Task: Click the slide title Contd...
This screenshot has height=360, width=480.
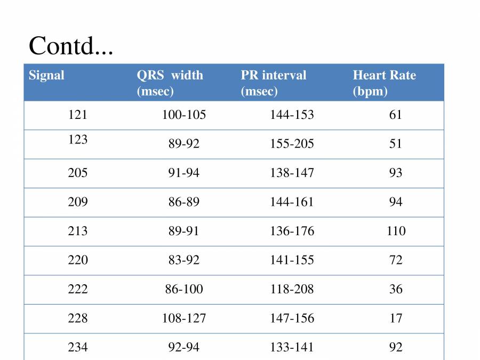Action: pos(71,46)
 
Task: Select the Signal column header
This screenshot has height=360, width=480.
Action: pos(46,75)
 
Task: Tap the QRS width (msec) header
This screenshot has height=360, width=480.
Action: pos(170,83)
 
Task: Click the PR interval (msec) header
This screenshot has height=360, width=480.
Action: pos(273,83)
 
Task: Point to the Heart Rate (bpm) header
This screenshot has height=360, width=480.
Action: pos(384,83)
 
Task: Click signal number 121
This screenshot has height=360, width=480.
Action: pos(78,115)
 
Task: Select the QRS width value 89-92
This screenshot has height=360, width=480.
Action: pos(184,144)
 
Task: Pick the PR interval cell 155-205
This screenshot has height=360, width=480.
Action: pos(292,144)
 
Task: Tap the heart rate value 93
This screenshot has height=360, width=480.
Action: pos(396,173)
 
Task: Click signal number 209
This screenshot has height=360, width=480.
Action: pos(78,202)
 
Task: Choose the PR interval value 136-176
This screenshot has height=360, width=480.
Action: pos(292,231)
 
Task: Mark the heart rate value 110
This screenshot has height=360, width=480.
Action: pos(396,231)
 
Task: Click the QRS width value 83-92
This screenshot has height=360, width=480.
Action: pos(184,260)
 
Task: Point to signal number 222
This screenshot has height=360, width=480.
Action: pos(78,289)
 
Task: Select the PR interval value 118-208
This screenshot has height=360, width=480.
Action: pos(292,289)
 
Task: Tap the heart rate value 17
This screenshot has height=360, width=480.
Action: pos(396,318)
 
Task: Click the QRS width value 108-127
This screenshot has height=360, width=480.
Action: pos(184,318)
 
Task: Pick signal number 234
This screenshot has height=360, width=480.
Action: pos(78,347)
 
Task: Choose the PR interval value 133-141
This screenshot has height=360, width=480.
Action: pos(292,347)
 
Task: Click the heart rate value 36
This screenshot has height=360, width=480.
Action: pos(396,289)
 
